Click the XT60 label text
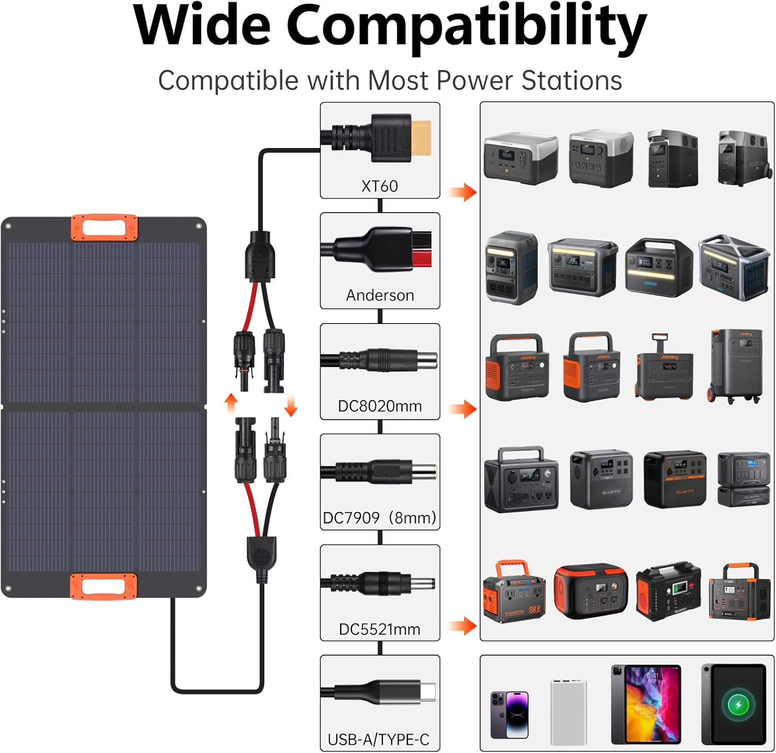(380, 186)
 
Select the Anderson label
(380, 295)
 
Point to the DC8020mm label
(380, 406)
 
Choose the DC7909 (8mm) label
(380, 517)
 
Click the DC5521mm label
(380, 629)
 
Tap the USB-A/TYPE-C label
(379, 740)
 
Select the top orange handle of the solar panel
(105, 228)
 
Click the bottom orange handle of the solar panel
(104, 586)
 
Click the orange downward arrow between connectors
(291, 406)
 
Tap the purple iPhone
(510, 714)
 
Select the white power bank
(569, 712)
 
